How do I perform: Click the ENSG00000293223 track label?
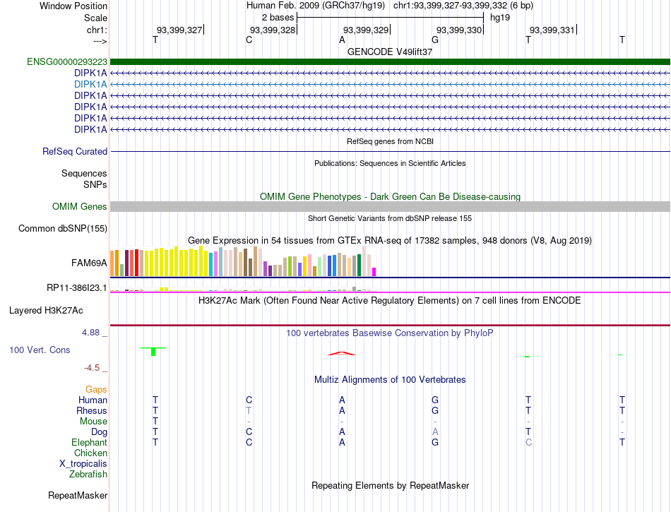67,62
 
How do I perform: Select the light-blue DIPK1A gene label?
90,84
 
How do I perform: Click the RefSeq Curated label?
75,151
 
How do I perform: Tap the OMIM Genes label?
80,207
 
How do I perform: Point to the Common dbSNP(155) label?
63,228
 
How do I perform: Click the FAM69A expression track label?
89,263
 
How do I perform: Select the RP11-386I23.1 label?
76,288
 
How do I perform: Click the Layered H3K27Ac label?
46,311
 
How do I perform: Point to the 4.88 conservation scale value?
90,333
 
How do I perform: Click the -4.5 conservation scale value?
92,368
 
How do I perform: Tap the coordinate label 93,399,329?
366,30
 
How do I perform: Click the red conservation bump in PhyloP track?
341,353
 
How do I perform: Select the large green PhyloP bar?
153,352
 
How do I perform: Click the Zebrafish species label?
88,475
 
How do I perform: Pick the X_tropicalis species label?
83,464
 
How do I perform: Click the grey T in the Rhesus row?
249,410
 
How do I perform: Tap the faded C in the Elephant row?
528,442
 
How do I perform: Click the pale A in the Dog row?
435,431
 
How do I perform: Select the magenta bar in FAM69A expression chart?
374,272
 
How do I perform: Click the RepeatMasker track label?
78,495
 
